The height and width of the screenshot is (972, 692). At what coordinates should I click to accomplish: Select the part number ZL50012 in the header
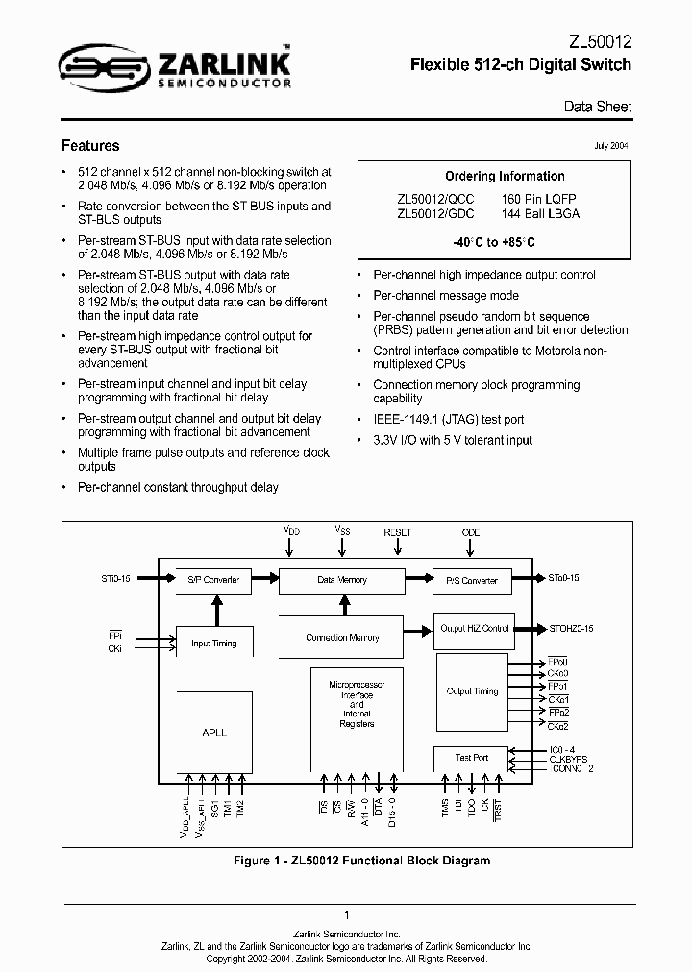click(600, 41)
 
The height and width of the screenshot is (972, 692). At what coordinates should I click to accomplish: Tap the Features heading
click(90, 146)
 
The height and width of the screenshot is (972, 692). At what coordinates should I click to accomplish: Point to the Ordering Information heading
click(505, 176)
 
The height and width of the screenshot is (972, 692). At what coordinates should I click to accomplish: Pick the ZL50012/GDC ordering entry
click(434, 213)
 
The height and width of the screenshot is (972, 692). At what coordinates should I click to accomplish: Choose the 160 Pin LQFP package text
click(540, 199)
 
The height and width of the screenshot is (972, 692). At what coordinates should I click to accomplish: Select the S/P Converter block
click(209, 580)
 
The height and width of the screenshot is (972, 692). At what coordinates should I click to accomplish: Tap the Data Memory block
click(342, 580)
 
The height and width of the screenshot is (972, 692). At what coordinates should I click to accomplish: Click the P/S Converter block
click(472, 580)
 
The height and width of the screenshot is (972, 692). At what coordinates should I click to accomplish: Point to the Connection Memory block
click(342, 637)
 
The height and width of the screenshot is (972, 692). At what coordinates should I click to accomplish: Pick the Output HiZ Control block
click(474, 628)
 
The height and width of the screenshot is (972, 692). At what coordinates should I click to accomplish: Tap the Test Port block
click(471, 758)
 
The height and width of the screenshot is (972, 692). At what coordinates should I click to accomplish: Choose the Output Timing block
click(473, 691)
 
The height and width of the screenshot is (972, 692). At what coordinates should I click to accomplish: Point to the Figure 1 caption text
click(362, 860)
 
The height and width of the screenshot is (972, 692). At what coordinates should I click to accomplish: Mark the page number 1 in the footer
click(346, 915)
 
